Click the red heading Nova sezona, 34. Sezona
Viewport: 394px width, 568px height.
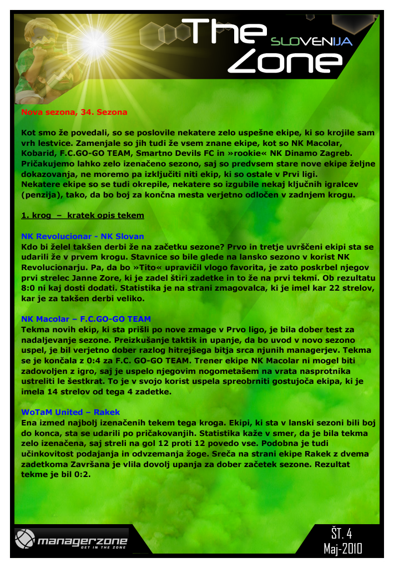(74, 112)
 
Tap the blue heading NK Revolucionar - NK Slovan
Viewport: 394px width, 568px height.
(82, 236)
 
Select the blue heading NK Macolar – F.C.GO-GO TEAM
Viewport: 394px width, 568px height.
(85, 319)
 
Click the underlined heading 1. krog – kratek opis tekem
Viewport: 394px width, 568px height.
(82, 215)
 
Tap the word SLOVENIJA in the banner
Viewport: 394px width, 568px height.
(311, 42)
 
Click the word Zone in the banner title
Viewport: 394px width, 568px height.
(285, 62)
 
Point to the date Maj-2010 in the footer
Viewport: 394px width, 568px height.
(342, 549)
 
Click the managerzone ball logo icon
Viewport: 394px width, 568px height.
(25, 539)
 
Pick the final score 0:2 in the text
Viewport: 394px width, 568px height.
(79, 475)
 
